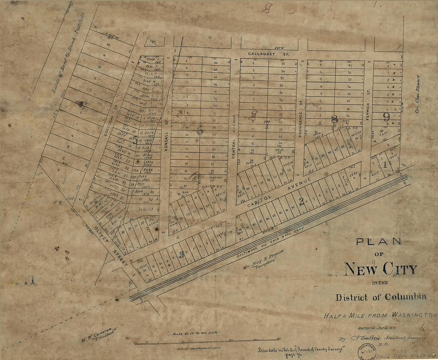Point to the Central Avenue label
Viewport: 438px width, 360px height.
tap(234, 136)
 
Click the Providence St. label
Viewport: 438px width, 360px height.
tap(301, 125)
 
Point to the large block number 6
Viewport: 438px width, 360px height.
tap(200, 130)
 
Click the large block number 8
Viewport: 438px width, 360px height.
tap(334, 119)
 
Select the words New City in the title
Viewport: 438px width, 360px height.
tap(380, 269)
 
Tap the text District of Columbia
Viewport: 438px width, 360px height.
tap(380, 297)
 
